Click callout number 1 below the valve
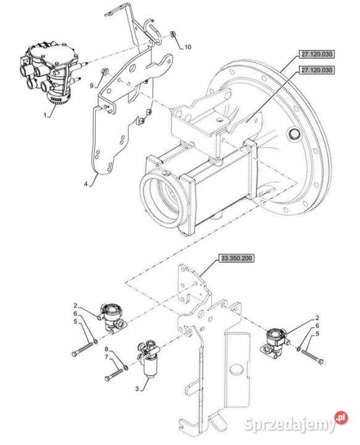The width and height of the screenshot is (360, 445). click(44, 115)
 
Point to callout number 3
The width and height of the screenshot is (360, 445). click(137, 389)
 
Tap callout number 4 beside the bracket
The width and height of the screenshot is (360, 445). click(86, 184)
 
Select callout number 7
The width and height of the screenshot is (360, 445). click(107, 357)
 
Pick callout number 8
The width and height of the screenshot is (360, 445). click(107, 349)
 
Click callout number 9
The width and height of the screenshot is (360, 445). click(91, 85)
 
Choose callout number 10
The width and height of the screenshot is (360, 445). click(188, 47)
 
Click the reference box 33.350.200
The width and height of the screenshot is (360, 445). click(236, 258)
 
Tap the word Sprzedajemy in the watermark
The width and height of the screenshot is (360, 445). click(290, 425)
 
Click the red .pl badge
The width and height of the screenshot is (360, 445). click(341, 418)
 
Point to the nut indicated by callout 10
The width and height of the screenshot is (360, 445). click(172, 35)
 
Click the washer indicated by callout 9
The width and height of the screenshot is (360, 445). click(104, 72)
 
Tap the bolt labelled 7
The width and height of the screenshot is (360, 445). click(114, 375)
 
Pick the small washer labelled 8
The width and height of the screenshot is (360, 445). click(125, 368)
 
